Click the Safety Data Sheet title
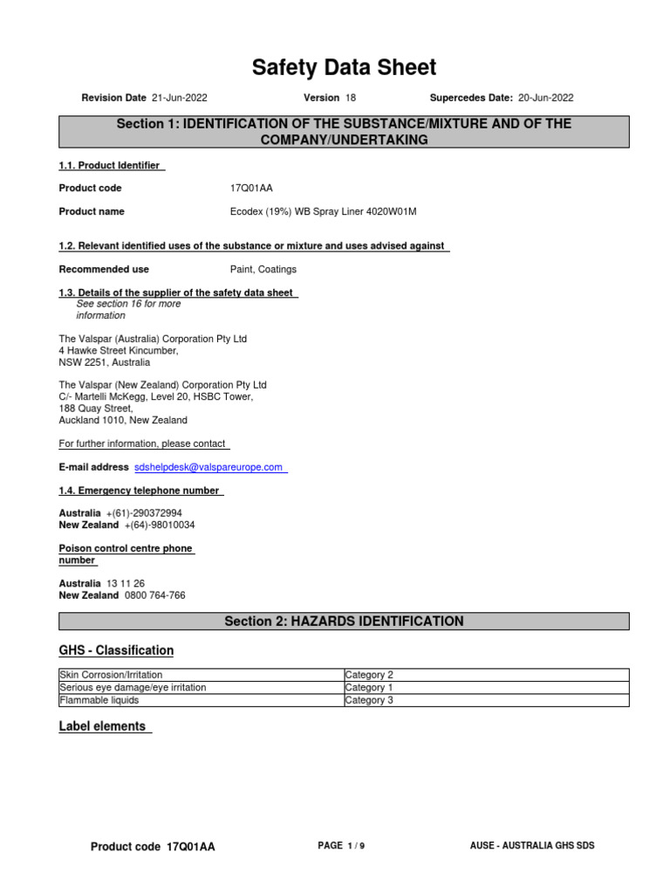[x=344, y=67]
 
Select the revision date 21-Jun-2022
[x=179, y=98]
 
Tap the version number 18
[x=351, y=98]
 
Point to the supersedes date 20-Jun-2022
[x=544, y=98]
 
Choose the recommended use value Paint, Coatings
[x=263, y=270]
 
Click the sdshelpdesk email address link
[x=209, y=467]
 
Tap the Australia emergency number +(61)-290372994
[x=144, y=513]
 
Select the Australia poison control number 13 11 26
[x=126, y=583]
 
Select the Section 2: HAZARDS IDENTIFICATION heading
[x=344, y=622]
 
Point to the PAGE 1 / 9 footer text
[x=341, y=846]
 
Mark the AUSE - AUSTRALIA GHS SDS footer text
[x=532, y=846]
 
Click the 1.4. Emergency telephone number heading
[x=139, y=491]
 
